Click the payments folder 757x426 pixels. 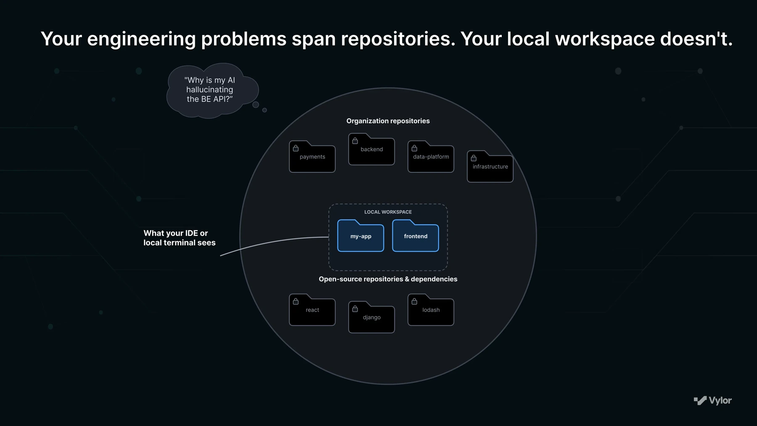(x=312, y=157)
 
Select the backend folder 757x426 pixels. (x=371, y=149)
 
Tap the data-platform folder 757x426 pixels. (x=431, y=157)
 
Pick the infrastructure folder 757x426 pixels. (x=490, y=166)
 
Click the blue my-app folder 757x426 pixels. (x=360, y=236)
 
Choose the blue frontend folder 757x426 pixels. (x=416, y=236)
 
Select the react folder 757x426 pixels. (x=312, y=310)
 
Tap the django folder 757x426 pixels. (x=371, y=317)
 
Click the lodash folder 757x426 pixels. (x=431, y=310)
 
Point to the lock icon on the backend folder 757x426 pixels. (x=355, y=141)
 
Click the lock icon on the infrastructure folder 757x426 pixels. (x=474, y=158)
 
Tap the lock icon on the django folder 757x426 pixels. (x=355, y=309)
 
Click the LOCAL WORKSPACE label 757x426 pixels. (x=388, y=212)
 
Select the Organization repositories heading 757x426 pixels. (x=388, y=121)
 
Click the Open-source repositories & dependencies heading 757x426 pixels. (x=388, y=279)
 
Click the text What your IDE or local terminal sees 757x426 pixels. (x=180, y=238)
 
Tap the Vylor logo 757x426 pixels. (x=712, y=400)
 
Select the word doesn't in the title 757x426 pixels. (x=696, y=39)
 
